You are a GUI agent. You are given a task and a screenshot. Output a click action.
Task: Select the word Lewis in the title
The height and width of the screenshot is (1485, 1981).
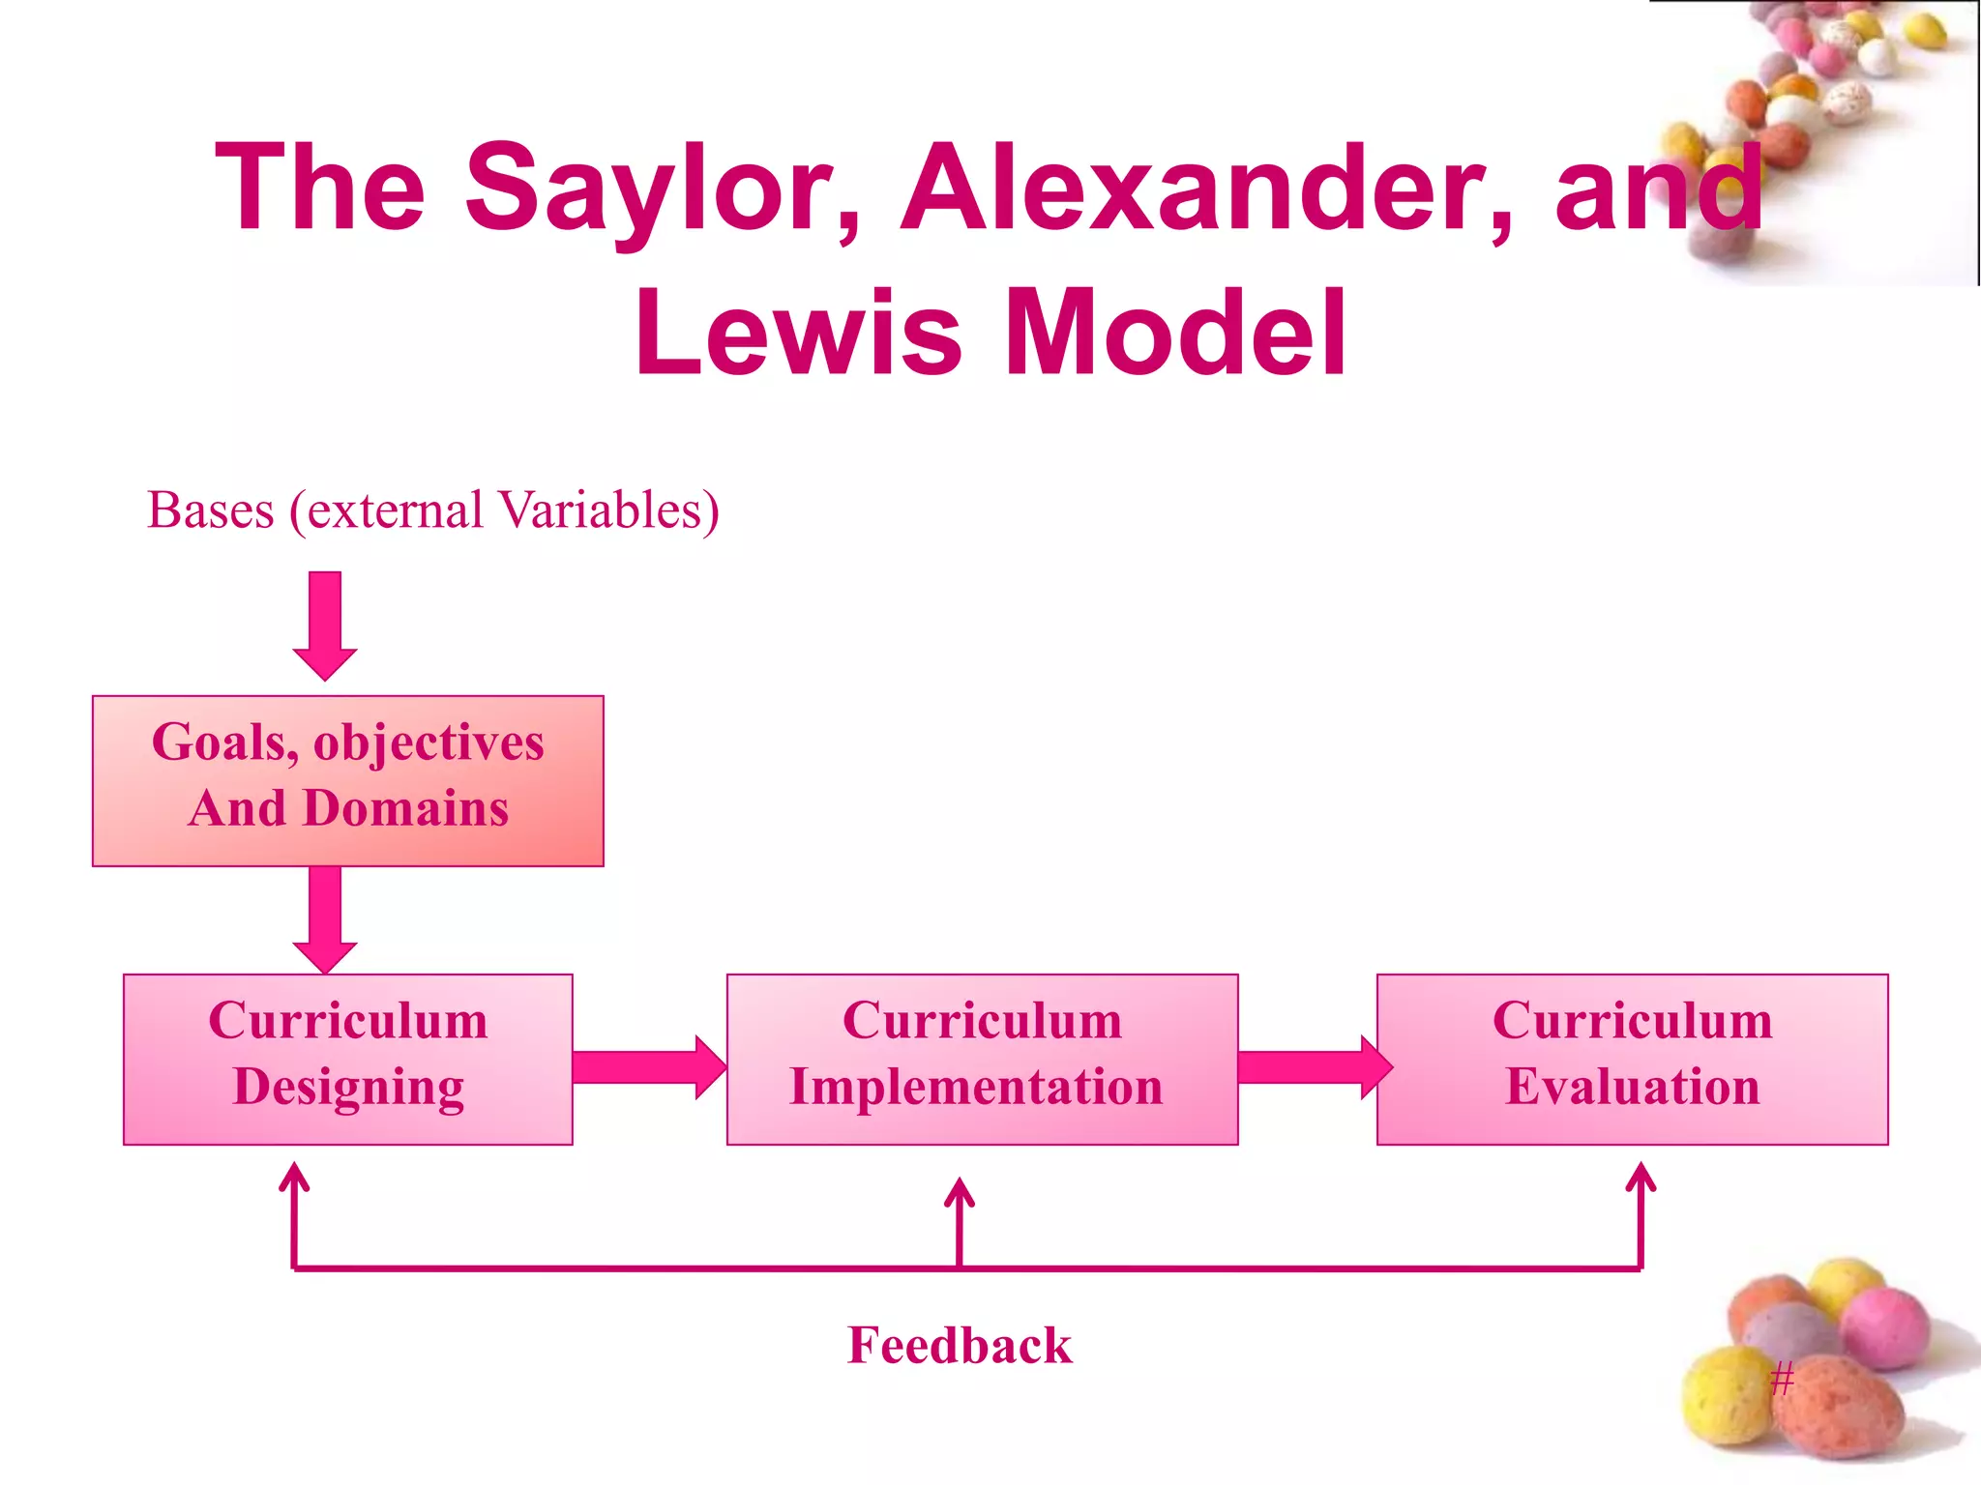[x=799, y=334]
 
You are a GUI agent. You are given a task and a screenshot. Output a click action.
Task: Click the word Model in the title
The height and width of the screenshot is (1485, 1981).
[x=1176, y=334]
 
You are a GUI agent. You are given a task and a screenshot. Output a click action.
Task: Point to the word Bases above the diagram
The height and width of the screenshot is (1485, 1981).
[x=211, y=510]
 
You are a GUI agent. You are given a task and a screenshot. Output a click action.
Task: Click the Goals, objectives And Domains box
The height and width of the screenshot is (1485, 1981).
[x=348, y=780]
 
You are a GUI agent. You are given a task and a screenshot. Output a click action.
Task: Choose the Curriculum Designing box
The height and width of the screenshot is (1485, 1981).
[x=348, y=1060]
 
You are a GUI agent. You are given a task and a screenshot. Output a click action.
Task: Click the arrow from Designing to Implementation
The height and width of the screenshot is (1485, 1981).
[x=648, y=1067]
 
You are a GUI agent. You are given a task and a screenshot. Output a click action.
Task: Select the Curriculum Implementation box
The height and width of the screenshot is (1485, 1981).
[x=982, y=1060]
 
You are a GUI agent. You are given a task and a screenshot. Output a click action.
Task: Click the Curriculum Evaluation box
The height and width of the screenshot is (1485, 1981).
[x=1632, y=1060]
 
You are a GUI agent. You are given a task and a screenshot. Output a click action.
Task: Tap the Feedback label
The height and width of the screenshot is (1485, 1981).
[x=960, y=1345]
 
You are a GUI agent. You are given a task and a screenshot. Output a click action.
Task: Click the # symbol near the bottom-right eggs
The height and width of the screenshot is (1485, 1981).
[x=1782, y=1377]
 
